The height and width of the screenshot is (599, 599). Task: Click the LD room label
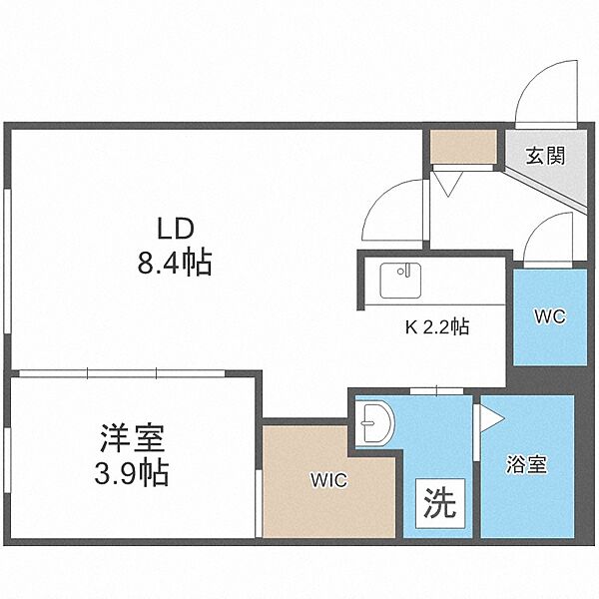176,230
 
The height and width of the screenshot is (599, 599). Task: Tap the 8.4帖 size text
175,263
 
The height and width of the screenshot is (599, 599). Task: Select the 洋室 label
132,438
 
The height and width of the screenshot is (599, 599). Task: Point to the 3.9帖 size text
132,472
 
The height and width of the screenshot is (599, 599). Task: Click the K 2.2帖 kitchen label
437,327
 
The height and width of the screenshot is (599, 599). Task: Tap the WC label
550,316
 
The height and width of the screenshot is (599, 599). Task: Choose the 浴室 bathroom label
527,464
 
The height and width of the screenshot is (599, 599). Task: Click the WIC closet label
328,480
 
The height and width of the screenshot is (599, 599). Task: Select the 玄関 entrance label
545,156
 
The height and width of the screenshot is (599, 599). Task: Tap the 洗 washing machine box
440,503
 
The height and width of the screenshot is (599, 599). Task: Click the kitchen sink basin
400,281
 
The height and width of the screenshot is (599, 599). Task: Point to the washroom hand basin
374,423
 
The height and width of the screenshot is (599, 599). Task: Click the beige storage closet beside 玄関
463,147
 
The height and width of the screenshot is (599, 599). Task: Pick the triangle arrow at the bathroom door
492,418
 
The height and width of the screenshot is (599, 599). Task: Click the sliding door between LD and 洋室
122,373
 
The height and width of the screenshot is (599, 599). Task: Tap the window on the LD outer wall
7,261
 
